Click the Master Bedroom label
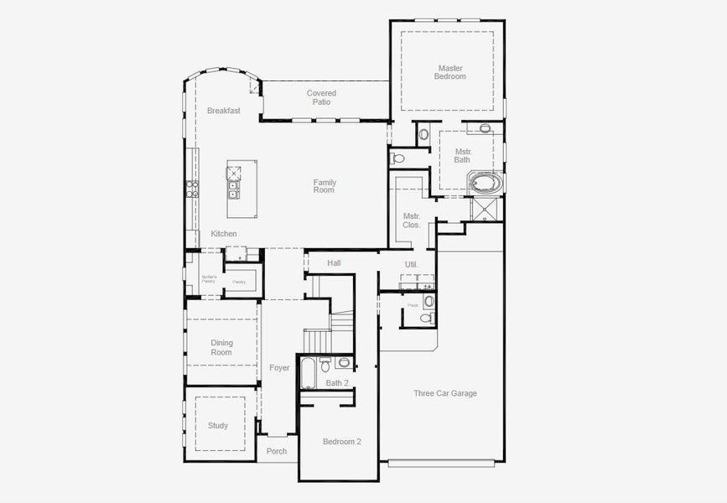449,72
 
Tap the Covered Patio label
321,97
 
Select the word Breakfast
224,111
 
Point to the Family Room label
324,186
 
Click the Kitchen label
224,234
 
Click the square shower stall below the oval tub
485,209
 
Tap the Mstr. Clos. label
411,220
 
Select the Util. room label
411,264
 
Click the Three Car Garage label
445,393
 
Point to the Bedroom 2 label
342,442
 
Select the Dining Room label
221,348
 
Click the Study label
218,426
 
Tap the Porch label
277,451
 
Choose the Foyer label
279,368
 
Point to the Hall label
334,263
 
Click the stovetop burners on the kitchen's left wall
192,188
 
